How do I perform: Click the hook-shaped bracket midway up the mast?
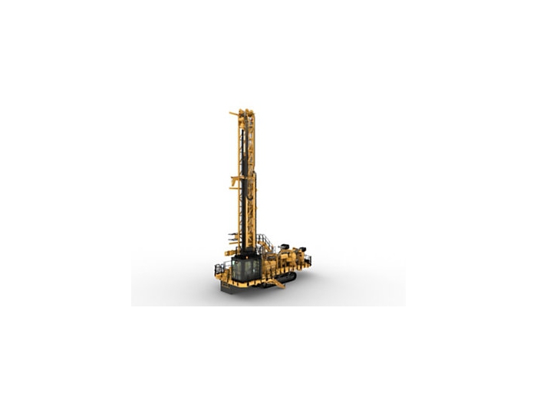pyautogui.click(x=235, y=180)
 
